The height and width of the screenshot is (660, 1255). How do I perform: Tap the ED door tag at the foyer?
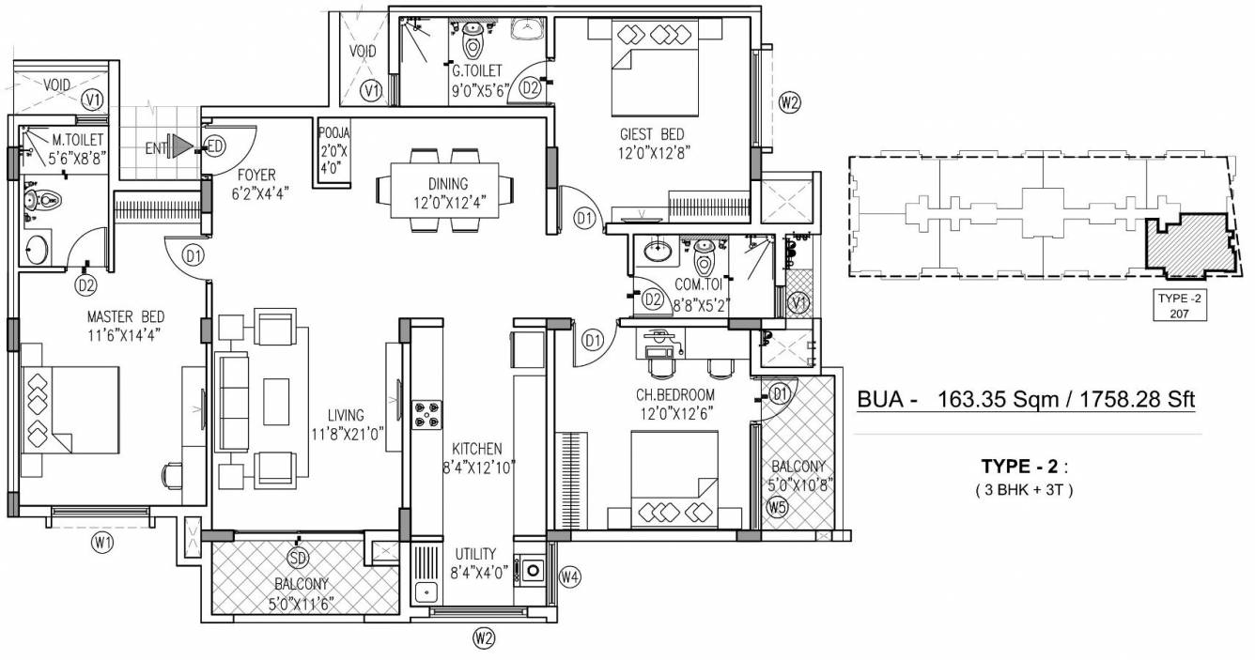click(x=215, y=146)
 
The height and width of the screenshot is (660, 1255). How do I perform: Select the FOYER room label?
click(x=256, y=174)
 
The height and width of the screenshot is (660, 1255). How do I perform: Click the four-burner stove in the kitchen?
click(x=427, y=415)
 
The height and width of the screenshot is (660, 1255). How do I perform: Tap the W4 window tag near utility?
click(x=569, y=576)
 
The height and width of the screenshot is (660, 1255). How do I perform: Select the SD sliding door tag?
click(x=298, y=559)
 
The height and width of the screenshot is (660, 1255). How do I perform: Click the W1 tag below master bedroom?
click(x=102, y=542)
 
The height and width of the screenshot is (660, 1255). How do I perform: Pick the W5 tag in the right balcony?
click(x=777, y=508)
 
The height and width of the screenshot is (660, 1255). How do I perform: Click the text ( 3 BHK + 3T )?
click(x=1024, y=488)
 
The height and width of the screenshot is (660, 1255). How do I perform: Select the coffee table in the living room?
click(x=276, y=400)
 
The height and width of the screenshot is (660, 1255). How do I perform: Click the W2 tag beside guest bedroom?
click(x=789, y=103)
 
